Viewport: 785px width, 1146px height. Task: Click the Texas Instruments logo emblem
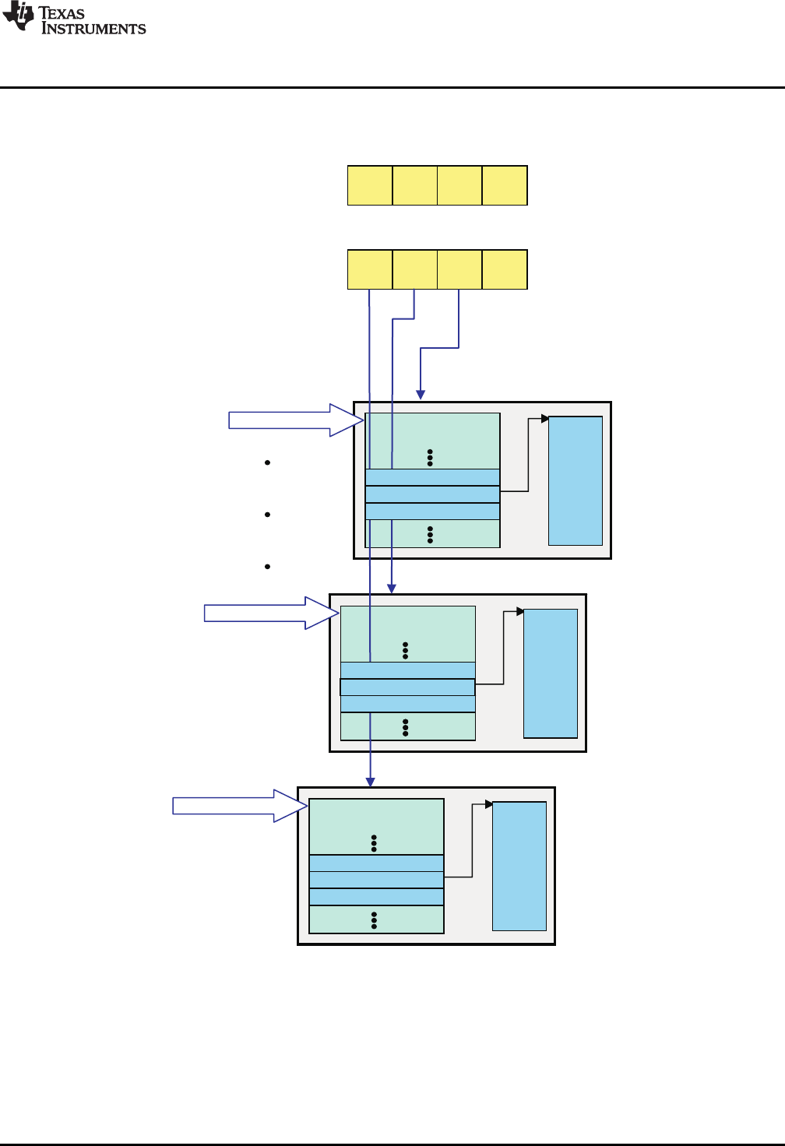coord(19,17)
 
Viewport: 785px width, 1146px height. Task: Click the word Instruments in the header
coord(93,29)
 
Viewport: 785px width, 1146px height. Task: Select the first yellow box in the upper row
coord(370,185)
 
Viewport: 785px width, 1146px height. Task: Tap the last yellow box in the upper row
coord(505,185)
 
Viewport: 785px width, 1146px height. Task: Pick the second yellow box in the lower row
coord(415,269)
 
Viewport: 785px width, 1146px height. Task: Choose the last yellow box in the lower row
coord(505,269)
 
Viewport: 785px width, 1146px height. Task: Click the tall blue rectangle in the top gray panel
coord(576,480)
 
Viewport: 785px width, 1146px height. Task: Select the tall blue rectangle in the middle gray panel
coord(551,673)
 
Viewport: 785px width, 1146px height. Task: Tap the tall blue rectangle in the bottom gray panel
coord(519,866)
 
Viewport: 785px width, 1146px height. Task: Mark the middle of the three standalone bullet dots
coord(267,515)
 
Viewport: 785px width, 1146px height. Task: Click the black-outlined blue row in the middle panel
coord(407,687)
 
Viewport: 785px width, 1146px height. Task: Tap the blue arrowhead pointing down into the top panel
coord(421,395)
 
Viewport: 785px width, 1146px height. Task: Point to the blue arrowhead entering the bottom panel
coord(371,782)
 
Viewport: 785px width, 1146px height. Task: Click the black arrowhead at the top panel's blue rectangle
coord(545,419)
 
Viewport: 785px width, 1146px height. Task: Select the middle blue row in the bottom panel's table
coord(376,880)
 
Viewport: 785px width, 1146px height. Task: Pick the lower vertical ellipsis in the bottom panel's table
coord(375,920)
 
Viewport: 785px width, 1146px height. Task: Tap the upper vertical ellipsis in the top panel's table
coord(430,458)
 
